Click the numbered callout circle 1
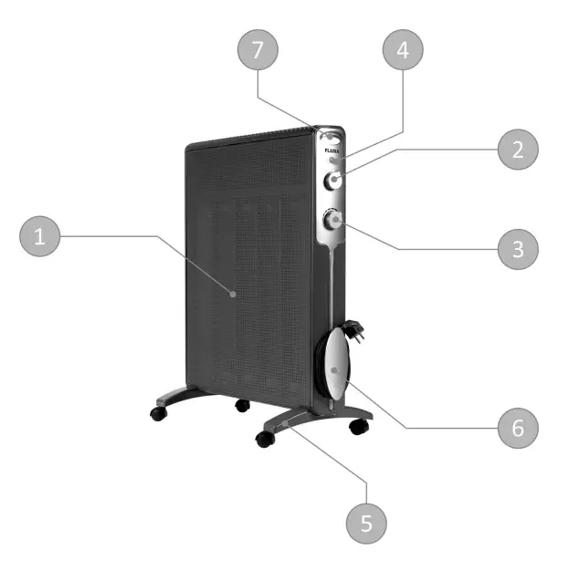coord(39,238)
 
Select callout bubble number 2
coord(518,150)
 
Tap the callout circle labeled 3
coord(517,248)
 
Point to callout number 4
coord(403,51)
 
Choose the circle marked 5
coord(367,523)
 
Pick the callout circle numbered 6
coord(517,427)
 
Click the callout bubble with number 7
coord(258,51)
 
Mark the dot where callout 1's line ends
coord(234,294)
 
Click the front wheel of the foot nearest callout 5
coord(265,439)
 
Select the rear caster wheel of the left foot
coord(242,404)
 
